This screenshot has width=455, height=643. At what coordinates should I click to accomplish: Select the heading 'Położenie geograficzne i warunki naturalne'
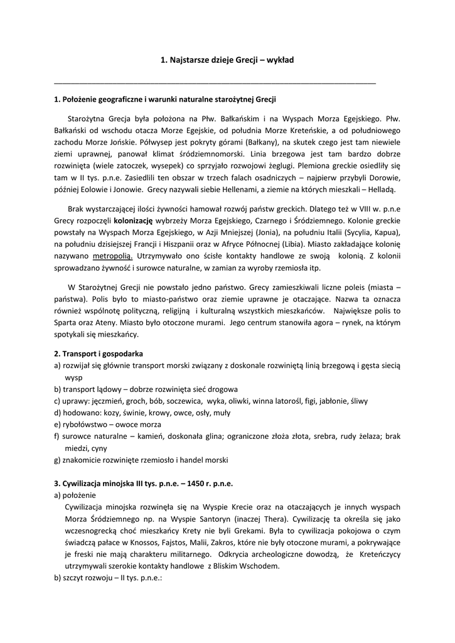(x=165, y=99)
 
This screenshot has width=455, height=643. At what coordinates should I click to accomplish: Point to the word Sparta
(x=67, y=323)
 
